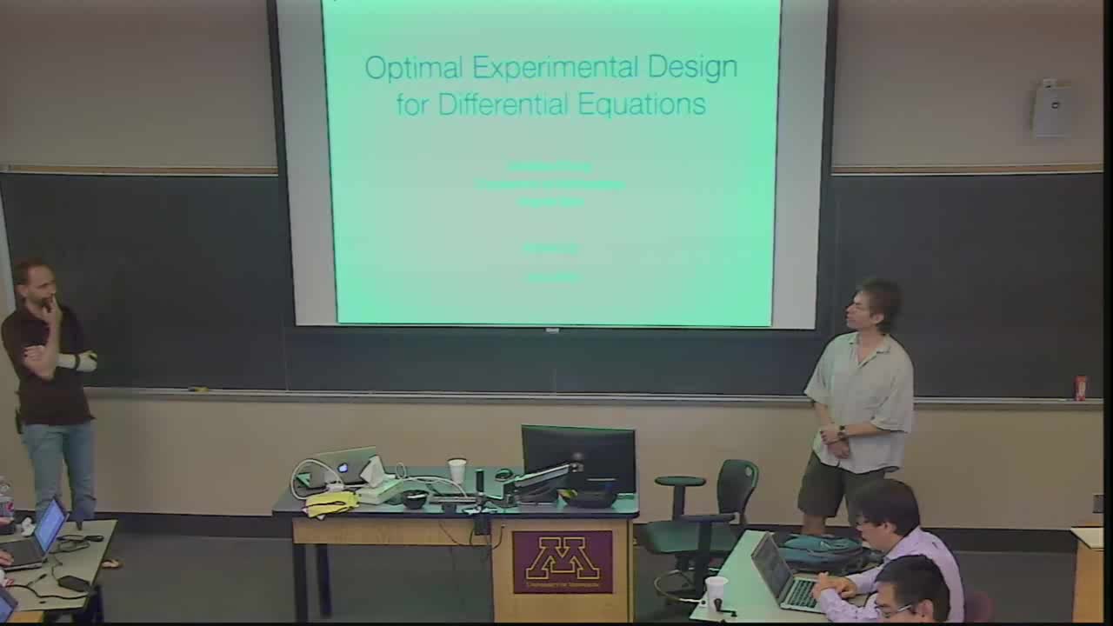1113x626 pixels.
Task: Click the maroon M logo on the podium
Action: pos(563,560)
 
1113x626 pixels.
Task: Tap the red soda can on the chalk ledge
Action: pos(1081,388)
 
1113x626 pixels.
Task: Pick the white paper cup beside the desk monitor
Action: pos(457,470)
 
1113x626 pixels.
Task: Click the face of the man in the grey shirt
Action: pos(871,308)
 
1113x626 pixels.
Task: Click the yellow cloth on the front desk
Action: pos(331,503)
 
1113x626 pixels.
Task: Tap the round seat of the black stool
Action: pos(680,481)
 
